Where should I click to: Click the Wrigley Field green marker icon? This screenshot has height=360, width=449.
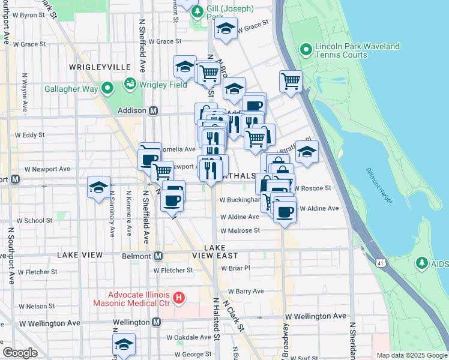point(129,85)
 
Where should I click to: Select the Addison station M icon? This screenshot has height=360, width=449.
point(153,111)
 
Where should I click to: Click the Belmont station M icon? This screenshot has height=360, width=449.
point(158,256)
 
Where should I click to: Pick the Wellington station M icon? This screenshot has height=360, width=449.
point(156,322)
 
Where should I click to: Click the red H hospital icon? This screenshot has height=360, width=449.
point(178,297)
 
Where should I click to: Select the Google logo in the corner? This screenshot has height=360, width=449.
point(20,353)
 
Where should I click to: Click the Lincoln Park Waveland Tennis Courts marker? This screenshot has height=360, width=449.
point(305,49)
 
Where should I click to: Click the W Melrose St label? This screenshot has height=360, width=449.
point(240,230)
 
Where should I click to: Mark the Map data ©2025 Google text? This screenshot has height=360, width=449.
point(411,355)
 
